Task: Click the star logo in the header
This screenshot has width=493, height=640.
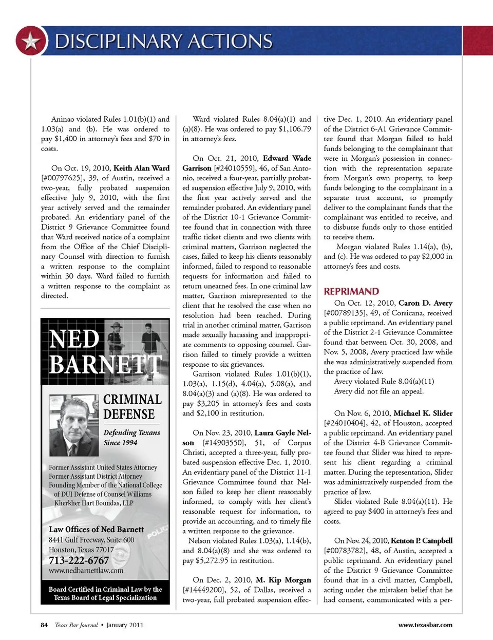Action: [x=30, y=41]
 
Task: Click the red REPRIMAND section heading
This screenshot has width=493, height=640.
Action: [x=351, y=291]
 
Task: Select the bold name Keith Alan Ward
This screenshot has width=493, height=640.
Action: [x=141, y=168]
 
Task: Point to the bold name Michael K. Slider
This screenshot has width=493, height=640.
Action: [x=423, y=413]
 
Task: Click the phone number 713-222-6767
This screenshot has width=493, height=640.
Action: [x=79, y=560]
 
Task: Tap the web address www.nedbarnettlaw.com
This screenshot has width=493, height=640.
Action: [x=86, y=571]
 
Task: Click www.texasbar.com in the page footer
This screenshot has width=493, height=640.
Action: [x=425, y=625]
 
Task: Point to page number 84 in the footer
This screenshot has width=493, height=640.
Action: [x=44, y=625]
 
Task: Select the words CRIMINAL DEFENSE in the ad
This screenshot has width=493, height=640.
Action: [x=132, y=407]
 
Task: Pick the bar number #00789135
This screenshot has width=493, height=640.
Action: [x=349, y=313]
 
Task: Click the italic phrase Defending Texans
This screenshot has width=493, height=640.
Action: [x=131, y=432]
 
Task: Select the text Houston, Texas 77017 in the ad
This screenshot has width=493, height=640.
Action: [x=81, y=550]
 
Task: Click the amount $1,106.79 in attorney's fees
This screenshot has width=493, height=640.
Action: [x=294, y=129]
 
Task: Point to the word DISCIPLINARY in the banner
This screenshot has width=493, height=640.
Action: [x=119, y=41]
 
